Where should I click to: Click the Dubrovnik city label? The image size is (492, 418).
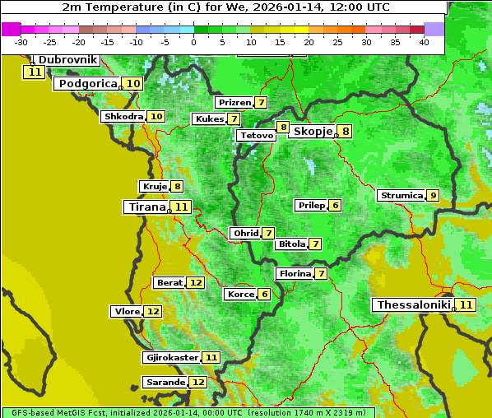pos(68,60)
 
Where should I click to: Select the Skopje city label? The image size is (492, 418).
pos(313,132)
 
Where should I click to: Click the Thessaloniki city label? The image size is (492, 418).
pos(414,305)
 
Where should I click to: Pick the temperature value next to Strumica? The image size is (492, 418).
pos(433,196)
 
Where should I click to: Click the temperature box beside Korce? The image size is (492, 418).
pos(264,295)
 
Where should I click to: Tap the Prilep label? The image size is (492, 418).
pos(312,205)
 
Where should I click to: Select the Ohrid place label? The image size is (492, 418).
pos(245,234)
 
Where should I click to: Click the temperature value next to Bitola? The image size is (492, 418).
pos(315,244)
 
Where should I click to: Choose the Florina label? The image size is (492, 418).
pos(295,273)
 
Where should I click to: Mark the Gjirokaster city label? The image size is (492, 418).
pos(172,358)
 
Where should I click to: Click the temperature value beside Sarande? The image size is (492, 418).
pos(198,383)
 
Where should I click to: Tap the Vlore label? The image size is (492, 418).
pos(126,312)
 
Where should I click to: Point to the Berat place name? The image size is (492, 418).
pos(169,283)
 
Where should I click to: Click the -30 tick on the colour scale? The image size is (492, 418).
pos(21,42)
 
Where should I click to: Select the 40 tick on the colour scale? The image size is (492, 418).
pos(424,42)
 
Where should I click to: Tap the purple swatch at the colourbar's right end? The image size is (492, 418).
pos(434,29)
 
